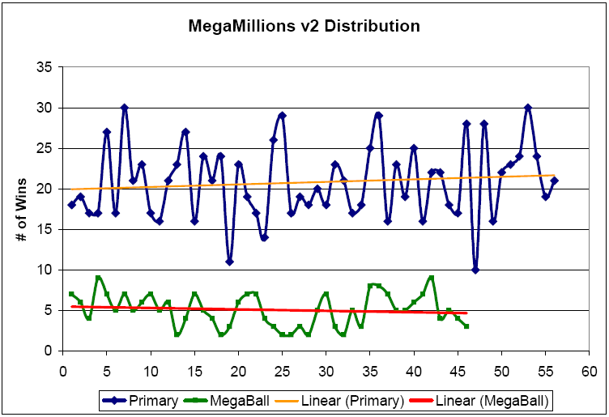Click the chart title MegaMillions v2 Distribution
(304, 26)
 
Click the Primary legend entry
(143, 400)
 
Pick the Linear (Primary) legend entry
(344, 400)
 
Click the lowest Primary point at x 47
(475, 270)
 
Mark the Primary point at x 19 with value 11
(230, 262)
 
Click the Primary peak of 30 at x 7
(125, 108)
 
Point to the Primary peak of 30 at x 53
(528, 108)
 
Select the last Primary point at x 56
(554, 181)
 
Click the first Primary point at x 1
(72, 205)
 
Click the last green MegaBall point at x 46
(466, 326)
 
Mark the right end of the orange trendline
(554, 175)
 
